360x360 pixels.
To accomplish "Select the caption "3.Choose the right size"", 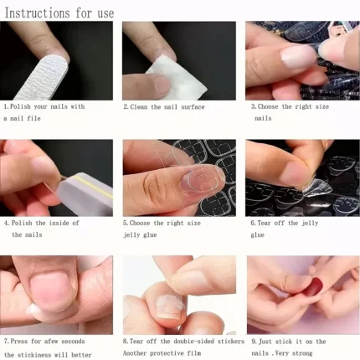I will (x=289, y=107).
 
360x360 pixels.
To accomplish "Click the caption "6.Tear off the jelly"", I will (x=285, y=224).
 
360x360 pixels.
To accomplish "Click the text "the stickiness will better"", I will (x=50, y=353).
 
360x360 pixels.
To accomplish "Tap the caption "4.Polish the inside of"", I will (x=42, y=224).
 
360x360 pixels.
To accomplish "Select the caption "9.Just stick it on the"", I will (x=288, y=342).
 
